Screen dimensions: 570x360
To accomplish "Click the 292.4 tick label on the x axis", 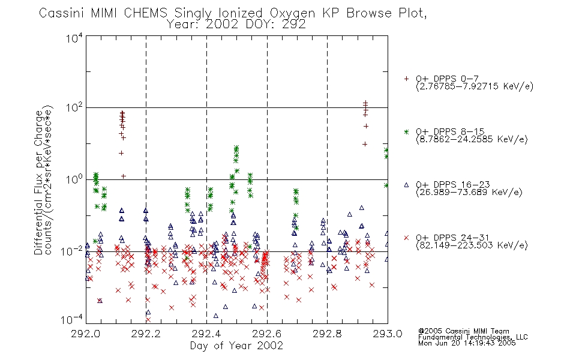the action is (x=206, y=334).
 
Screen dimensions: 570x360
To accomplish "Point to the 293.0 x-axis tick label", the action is (x=388, y=334).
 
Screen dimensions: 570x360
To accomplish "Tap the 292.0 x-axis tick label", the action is (x=86, y=334).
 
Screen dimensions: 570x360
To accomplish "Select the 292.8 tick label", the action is (x=327, y=334).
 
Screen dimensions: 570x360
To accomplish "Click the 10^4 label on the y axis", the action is (x=74, y=38).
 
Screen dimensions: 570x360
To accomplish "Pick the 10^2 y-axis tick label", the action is (x=74, y=108).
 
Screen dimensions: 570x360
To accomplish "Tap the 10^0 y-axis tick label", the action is (x=74, y=179).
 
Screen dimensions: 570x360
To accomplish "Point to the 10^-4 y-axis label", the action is (x=72, y=320).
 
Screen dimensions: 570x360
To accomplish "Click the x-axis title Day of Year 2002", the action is (x=236, y=346).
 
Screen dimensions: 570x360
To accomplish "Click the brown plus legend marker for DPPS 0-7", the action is (x=406, y=79).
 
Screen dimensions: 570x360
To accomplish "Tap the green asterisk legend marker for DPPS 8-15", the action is (x=406, y=131).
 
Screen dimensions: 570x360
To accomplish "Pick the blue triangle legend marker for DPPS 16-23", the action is (x=406, y=185).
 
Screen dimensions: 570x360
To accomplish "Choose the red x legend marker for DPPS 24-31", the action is (x=406, y=238).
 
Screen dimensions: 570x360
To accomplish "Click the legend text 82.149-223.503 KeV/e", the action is (x=472, y=245).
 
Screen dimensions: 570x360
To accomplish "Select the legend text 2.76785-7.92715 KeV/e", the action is (x=475, y=86).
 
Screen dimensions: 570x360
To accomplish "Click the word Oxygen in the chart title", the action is (x=293, y=14).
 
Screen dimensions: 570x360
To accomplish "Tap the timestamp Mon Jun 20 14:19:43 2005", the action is (x=467, y=343).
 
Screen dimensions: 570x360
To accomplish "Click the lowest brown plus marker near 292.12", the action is (x=123, y=176).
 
